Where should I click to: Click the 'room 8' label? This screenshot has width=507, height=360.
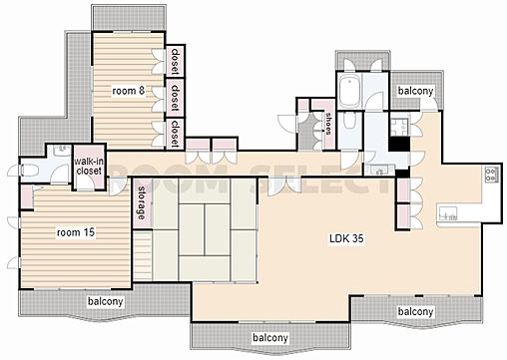click(128, 91)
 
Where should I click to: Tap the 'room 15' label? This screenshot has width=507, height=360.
click(76, 232)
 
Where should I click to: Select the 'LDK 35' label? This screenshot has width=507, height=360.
click(346, 238)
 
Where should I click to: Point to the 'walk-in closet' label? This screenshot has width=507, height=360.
click(88, 167)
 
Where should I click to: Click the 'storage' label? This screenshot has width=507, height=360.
click(142, 202)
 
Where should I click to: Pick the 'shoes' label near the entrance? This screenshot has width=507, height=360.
click(328, 124)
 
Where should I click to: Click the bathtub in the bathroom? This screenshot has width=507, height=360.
click(349, 90)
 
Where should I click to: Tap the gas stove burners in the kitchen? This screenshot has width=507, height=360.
click(491, 175)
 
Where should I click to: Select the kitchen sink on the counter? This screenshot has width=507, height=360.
click(448, 213)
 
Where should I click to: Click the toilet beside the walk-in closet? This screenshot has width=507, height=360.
click(30, 171)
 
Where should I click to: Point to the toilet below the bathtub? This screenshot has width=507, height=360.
click(349, 121)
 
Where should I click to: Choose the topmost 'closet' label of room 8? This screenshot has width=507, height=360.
click(175, 62)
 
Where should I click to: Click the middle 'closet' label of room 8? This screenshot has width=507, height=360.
click(175, 98)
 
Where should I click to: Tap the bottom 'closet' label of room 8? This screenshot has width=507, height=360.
click(175, 134)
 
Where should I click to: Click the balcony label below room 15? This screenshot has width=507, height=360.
click(105, 302)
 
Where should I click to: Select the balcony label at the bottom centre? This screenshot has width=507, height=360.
click(270, 338)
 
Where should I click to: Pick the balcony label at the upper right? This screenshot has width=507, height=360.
click(415, 91)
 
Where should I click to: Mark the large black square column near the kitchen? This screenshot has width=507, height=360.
click(399, 145)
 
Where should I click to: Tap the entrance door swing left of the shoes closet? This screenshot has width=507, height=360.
click(286, 124)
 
